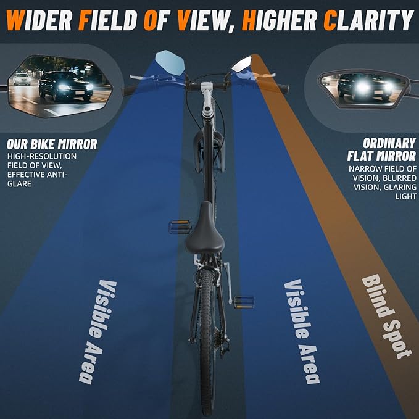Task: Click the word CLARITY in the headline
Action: tap(369, 20)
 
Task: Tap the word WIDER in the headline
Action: tap(39, 20)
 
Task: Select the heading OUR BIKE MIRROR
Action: tap(52, 144)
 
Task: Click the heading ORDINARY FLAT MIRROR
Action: tap(382, 150)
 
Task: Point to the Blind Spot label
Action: tap(386, 317)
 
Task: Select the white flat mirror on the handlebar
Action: tap(242, 65)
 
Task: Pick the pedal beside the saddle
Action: tap(180, 227)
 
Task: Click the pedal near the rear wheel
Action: tap(244, 302)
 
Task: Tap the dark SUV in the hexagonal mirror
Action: tap(66, 86)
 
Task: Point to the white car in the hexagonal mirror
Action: tap(22, 79)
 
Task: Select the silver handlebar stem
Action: tap(207, 99)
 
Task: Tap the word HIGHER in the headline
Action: tap(280, 20)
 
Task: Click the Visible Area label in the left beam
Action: tap(97, 332)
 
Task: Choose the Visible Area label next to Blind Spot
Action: tap(302, 331)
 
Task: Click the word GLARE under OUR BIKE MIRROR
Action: tap(19, 184)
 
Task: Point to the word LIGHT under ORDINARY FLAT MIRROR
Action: tap(405, 196)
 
